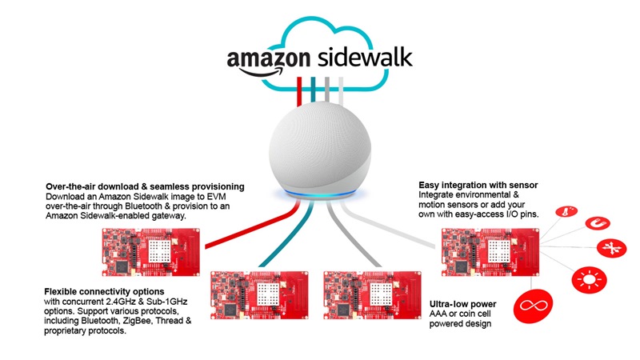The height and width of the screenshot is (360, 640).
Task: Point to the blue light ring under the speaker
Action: [319, 194]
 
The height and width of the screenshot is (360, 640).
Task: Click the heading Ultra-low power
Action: [453, 304]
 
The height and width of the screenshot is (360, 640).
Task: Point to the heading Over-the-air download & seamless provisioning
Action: [145, 187]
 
